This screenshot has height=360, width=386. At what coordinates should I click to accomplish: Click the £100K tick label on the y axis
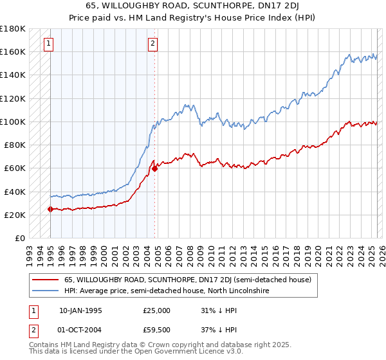[x=13, y=122]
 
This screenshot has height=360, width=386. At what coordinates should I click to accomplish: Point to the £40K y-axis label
[x=15, y=192]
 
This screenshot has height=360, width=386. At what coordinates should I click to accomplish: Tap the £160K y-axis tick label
[x=13, y=51]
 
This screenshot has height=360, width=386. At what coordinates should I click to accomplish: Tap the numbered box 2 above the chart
[x=152, y=44]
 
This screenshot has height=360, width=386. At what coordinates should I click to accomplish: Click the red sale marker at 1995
[x=50, y=209]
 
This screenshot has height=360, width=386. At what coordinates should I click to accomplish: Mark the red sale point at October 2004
[x=154, y=168]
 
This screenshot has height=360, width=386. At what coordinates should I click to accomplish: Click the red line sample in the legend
[x=45, y=280]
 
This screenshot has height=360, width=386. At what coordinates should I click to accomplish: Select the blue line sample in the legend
[x=45, y=291]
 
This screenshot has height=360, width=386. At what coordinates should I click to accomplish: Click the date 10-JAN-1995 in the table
[x=80, y=310]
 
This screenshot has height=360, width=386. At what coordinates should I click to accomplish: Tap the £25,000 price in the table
[x=157, y=310]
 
